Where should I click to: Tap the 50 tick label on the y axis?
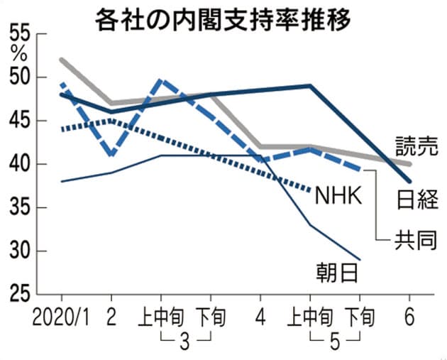coord(18,77)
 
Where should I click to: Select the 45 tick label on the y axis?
coord(18,121)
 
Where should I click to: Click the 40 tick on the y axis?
coord(18,165)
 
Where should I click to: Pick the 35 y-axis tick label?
coord(18,208)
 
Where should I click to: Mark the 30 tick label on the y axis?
coord(18,251)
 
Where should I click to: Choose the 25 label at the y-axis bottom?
coord(18,294)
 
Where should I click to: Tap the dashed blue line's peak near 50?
coord(160,80)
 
